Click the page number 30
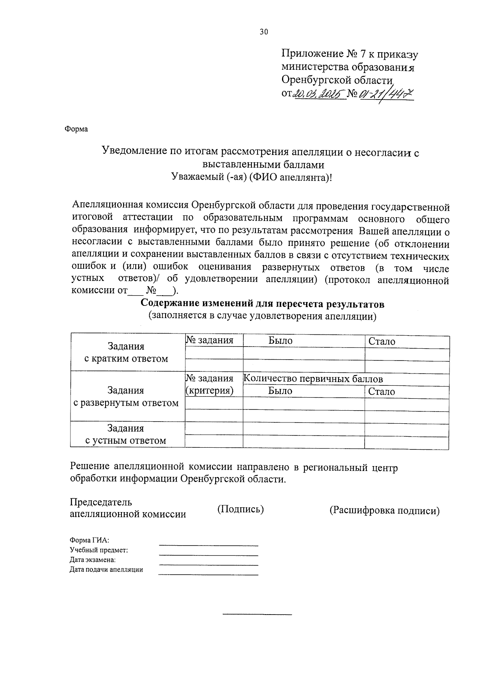click(264, 32)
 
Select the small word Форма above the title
click(76, 129)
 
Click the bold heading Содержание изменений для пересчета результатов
click(262, 304)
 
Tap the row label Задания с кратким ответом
click(126, 352)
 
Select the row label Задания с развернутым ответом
click(126, 396)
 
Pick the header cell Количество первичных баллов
click(313, 379)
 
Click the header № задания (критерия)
click(210, 385)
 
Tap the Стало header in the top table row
click(382, 341)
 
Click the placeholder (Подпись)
click(240, 509)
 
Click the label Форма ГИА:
click(89, 540)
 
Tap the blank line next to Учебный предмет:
click(208, 555)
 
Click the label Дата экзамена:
click(93, 560)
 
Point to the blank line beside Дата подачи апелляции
click(208, 574)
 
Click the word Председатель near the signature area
click(101, 502)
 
